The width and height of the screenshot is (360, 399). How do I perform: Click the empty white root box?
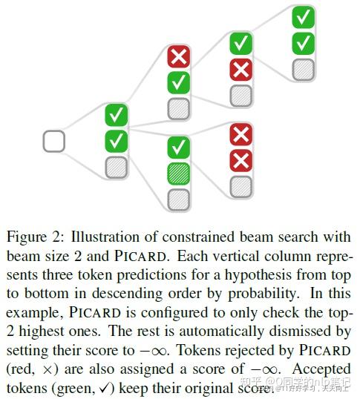point(53,141)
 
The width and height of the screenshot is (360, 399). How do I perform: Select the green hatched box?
point(178,173)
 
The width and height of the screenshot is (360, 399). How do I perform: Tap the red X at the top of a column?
point(178,56)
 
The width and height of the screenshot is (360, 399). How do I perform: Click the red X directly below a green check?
point(240,70)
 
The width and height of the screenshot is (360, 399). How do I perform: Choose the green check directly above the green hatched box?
point(178,147)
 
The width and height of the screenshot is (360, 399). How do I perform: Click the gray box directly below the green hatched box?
point(178,199)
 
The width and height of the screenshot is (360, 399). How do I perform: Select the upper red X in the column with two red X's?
point(240,134)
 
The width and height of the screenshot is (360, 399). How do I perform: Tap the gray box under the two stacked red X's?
point(240,186)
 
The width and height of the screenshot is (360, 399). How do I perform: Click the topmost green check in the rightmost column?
point(302,17)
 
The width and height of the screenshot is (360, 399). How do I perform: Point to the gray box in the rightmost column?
point(302,69)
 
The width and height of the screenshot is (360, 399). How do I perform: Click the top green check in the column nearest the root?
point(117,115)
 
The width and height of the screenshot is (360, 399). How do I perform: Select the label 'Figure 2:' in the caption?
point(32,238)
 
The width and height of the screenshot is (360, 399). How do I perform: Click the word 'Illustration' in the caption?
point(95,238)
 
